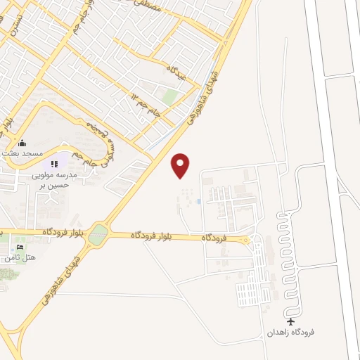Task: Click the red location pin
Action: coord(181,165)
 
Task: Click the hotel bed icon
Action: coord(20,247)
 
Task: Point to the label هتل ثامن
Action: coord(20,257)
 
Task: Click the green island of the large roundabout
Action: coord(98,234)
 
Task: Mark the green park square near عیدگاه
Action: coord(171,97)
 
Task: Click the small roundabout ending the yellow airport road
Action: coord(245,240)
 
